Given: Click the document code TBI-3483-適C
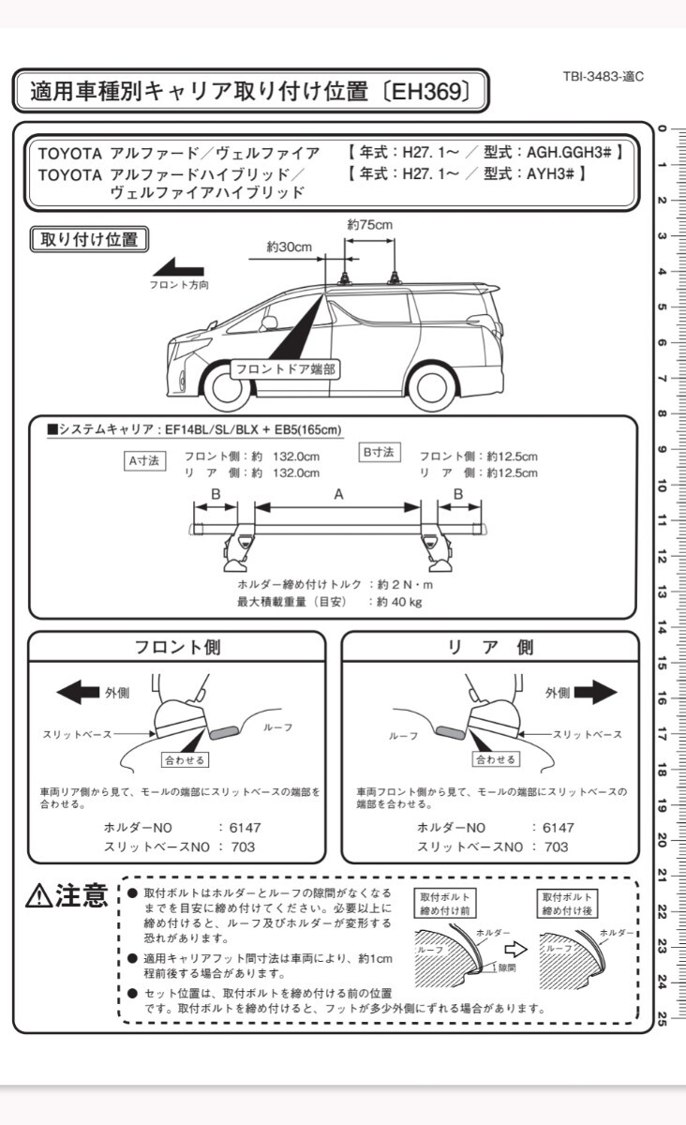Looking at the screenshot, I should [604, 77].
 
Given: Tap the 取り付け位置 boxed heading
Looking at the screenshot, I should [90, 238].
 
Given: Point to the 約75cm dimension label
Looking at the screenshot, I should [369, 225].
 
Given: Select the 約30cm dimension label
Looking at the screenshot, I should [289, 247].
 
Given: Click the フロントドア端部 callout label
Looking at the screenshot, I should [284, 368].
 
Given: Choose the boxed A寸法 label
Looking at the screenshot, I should [145, 460].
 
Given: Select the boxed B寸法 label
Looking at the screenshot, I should [379, 452].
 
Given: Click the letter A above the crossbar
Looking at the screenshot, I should [337, 494].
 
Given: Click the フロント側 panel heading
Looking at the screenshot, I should [178, 647].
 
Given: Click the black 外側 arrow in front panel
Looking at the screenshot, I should [79, 692].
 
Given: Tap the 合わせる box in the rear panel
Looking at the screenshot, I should [496, 759].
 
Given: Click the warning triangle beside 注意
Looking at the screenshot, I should [39, 896].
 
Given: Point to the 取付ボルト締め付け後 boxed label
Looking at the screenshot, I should [566, 904].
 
